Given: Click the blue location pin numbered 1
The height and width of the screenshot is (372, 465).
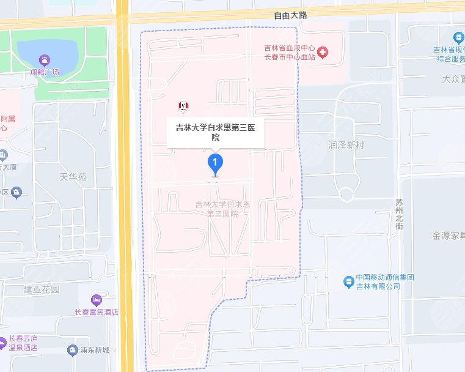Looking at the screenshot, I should tap(215, 163).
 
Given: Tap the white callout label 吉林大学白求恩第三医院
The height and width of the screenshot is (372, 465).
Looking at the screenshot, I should tap(216, 130).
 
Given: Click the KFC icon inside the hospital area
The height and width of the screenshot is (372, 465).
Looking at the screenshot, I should tap(181, 106).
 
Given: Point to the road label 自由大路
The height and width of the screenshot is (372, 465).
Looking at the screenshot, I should tap(290, 16).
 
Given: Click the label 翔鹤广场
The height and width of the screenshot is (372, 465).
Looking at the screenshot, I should tap(45, 73).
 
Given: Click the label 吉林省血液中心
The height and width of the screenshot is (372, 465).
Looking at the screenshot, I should tap(288, 47).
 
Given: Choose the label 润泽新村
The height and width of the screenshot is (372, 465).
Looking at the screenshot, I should tap(346, 146).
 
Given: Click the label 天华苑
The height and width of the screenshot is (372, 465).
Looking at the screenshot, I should tap(73, 178).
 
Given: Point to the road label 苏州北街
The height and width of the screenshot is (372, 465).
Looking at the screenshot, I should tap(399, 214).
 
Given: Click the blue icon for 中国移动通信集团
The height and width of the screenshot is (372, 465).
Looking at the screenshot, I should tap(348, 281).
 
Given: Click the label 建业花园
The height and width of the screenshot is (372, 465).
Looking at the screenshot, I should tap(42, 289).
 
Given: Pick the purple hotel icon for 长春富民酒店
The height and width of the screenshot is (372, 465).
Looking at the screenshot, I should tap(95, 300).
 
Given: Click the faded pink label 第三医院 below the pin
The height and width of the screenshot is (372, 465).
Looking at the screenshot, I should tap(222, 214).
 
